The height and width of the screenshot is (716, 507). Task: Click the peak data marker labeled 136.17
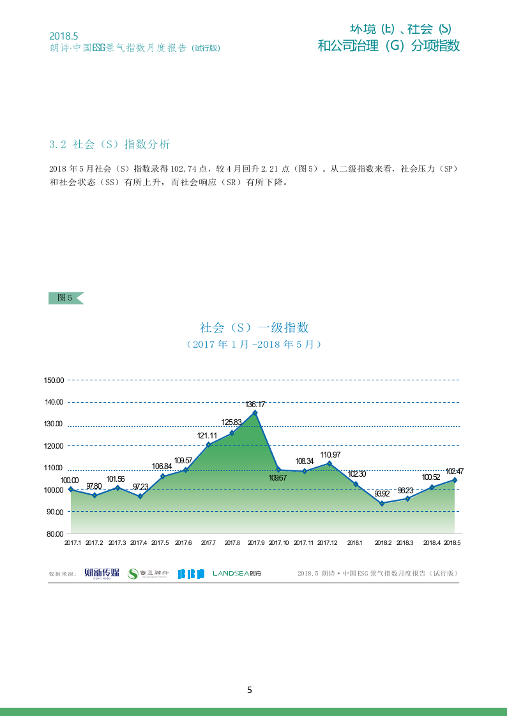(255, 413)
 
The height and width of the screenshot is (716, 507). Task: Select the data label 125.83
(231, 422)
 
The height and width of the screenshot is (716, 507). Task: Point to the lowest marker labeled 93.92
(382, 503)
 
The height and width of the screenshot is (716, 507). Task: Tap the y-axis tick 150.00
(54, 380)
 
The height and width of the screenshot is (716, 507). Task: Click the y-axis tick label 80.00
(54, 534)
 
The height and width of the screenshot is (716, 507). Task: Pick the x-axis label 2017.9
(256, 543)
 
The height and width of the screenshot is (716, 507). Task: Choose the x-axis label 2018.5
(452, 543)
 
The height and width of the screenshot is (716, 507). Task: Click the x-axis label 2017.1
(73, 543)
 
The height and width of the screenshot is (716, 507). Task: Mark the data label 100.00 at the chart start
(70, 481)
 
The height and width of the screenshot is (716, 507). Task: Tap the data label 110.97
(330, 454)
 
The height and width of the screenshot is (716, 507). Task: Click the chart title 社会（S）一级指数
(254, 327)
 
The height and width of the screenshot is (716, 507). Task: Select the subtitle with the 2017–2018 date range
(254, 344)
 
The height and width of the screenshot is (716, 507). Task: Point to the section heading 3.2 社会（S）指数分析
(110, 144)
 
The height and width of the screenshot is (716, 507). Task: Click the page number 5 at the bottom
(250, 690)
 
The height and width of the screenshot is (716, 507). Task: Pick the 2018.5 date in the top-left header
(63, 36)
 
